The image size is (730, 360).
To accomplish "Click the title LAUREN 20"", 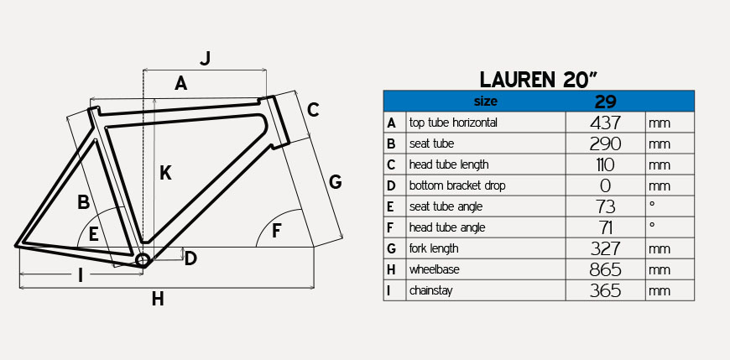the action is (539, 80).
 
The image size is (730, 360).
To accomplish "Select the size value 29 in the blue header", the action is (605, 101).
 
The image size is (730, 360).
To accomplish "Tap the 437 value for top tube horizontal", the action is (605, 123).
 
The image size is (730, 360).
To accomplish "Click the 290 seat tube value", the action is (605, 143).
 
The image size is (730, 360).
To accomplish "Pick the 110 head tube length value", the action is (605, 164).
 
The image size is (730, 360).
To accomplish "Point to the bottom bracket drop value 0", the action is (605, 185).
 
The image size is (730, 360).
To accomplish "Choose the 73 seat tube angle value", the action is (605, 206).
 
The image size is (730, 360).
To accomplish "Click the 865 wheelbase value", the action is (605, 269).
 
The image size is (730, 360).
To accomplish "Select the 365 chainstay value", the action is (605, 290).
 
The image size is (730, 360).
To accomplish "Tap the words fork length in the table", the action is (434, 248).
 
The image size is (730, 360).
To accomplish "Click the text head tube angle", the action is (447, 227).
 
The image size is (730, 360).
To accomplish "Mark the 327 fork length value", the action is (605, 248).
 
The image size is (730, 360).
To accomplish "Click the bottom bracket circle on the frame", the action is (143, 260).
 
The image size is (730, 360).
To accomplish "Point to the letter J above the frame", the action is (206, 58).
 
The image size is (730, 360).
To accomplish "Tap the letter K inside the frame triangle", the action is (165, 173).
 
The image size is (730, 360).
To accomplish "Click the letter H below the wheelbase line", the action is (158, 299).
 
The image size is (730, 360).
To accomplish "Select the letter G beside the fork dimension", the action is (335, 181).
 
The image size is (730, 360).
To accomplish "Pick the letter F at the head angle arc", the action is (277, 231).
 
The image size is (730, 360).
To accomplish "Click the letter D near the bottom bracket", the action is (190, 258).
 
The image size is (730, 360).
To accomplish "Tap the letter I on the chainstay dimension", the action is (81, 275).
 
